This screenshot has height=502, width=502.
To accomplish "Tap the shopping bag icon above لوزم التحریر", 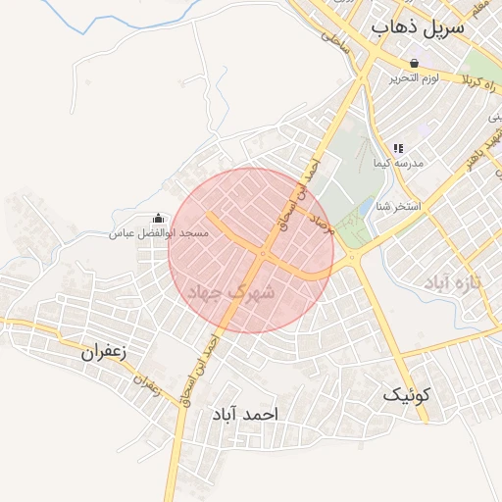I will (414, 62).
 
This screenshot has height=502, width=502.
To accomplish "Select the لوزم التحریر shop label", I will (414, 77).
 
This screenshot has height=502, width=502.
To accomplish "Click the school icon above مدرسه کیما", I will (397, 147).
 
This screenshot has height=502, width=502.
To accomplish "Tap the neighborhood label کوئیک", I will (407, 395).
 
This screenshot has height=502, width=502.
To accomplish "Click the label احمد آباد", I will (244, 415).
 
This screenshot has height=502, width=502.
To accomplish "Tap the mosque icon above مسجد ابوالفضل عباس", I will (159, 218).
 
